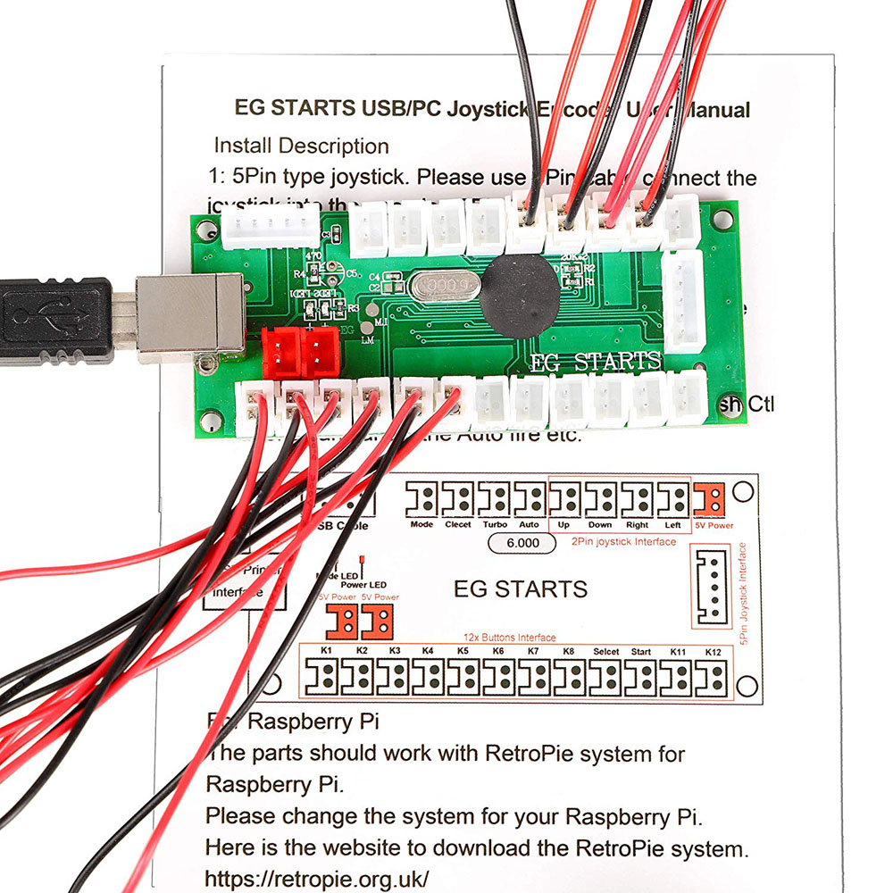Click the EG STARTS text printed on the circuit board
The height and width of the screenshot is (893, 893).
pos(596,363)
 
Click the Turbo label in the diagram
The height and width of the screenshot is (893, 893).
pos(494,524)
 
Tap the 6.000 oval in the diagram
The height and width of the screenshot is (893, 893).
pos(522,542)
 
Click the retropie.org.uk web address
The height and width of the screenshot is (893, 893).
pos(317,877)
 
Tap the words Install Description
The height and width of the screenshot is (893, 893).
pos(301,146)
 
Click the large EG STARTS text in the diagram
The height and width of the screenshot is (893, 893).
pos(521,589)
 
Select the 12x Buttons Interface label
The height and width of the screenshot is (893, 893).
pos(510,638)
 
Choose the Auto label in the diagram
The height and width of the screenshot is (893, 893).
pos(529,524)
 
